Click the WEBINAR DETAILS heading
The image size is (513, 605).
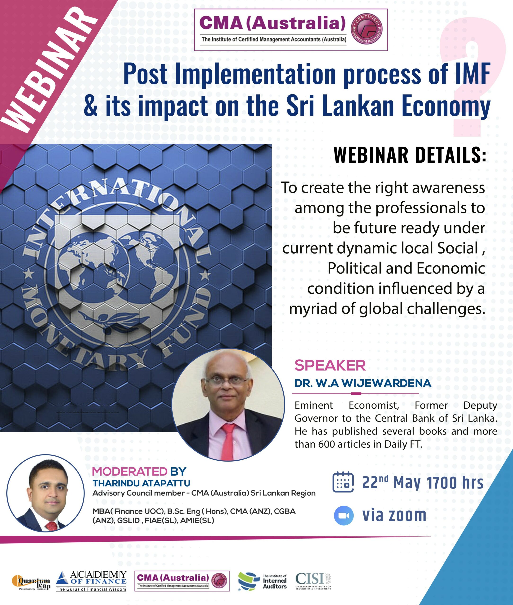(410, 155)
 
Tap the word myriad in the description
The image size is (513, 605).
(313, 309)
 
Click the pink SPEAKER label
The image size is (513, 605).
(330, 365)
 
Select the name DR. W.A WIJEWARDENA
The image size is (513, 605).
(363, 383)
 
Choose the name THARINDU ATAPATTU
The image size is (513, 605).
(141, 483)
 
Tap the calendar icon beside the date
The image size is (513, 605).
(343, 482)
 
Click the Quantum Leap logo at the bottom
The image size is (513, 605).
(31, 581)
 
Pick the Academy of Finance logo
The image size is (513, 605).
(91, 581)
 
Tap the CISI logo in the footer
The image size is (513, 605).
(313, 580)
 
